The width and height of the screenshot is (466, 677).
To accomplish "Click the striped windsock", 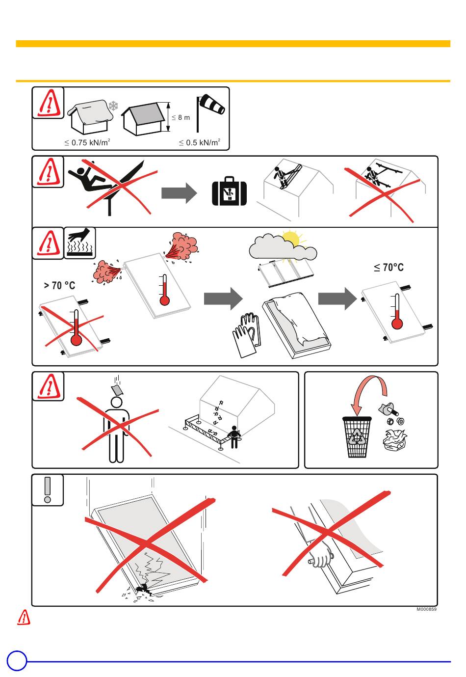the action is pyautogui.click(x=212, y=105).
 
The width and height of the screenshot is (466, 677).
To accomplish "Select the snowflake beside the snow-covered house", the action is pyautogui.click(x=113, y=106).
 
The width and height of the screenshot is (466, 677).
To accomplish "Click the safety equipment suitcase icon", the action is pyautogui.click(x=229, y=191).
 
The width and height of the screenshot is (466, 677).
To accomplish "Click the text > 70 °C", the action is pyautogui.click(x=59, y=286).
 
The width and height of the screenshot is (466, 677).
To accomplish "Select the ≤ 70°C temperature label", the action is pyautogui.click(x=388, y=268).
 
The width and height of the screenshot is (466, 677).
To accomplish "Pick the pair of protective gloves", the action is pyautogui.click(x=246, y=335).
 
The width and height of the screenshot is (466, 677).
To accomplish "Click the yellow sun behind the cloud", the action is pyautogui.click(x=291, y=238).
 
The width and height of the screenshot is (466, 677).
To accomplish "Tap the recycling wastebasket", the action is pyautogui.click(x=357, y=437).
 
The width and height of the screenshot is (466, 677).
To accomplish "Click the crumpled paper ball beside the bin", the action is pyautogui.click(x=394, y=440).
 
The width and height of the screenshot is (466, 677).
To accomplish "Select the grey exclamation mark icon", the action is pyautogui.click(x=48, y=490).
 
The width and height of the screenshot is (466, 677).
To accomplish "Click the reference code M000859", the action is pyautogui.click(x=426, y=609).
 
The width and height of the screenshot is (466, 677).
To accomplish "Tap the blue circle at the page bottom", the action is pyautogui.click(x=17, y=661).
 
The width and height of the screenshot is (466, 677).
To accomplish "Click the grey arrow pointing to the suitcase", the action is pyautogui.click(x=179, y=193).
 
